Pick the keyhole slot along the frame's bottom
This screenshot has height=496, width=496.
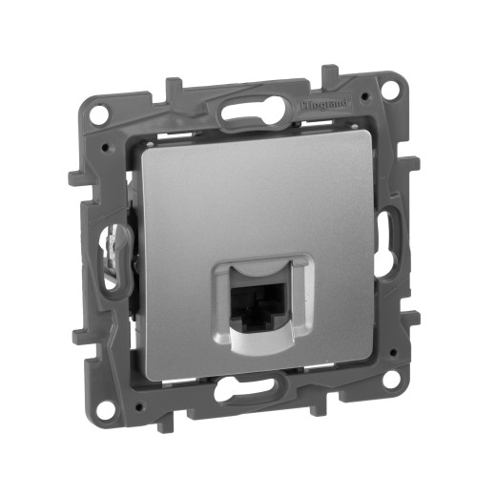(255, 393)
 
